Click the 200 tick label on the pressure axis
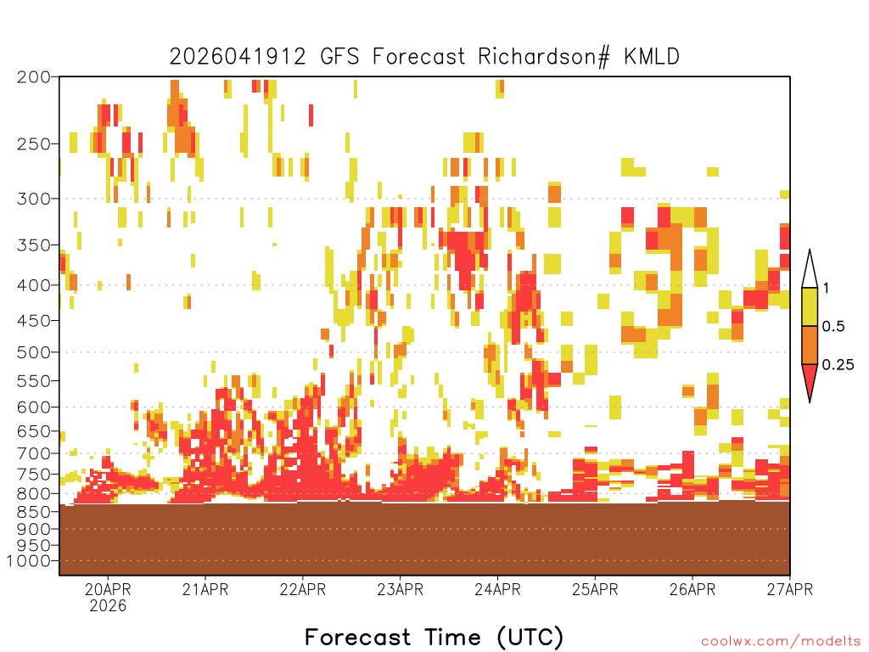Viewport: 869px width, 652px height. tap(34, 77)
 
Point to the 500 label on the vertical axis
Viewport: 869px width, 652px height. tap(34, 352)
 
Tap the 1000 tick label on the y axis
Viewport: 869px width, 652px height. tap(29, 561)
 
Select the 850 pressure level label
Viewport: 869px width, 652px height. tap(34, 512)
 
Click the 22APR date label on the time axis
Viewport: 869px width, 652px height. tap(303, 589)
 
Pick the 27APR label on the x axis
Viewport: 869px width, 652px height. tap(790, 589)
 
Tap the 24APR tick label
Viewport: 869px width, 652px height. tap(497, 589)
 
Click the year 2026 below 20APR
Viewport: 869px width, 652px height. tap(108, 605)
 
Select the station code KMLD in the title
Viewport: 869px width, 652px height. tap(652, 57)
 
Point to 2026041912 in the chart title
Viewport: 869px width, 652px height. tap(238, 57)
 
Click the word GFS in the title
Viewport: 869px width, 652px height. tap(339, 57)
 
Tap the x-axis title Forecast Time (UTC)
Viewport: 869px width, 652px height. tap(434, 638)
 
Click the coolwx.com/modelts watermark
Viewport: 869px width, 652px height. tap(781, 642)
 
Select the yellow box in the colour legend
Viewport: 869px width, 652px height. tap(810, 306)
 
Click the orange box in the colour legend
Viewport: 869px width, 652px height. tap(810, 345)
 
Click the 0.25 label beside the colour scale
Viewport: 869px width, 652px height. tap(838, 365)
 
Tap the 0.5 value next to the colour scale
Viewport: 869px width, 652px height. tap(833, 326)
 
